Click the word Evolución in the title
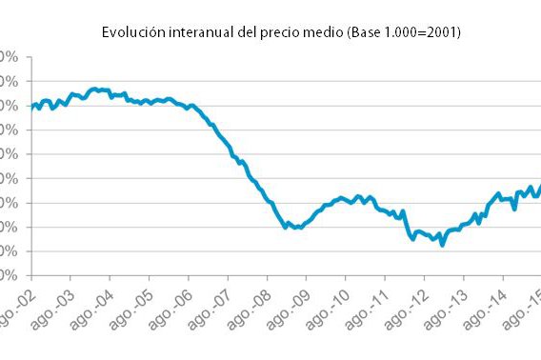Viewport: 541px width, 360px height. click(130, 32)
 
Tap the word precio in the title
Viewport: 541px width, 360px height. click(275, 32)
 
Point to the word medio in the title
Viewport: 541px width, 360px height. click(321, 32)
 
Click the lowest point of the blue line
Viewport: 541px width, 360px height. click(442, 245)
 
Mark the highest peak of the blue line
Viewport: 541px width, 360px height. click(94, 89)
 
